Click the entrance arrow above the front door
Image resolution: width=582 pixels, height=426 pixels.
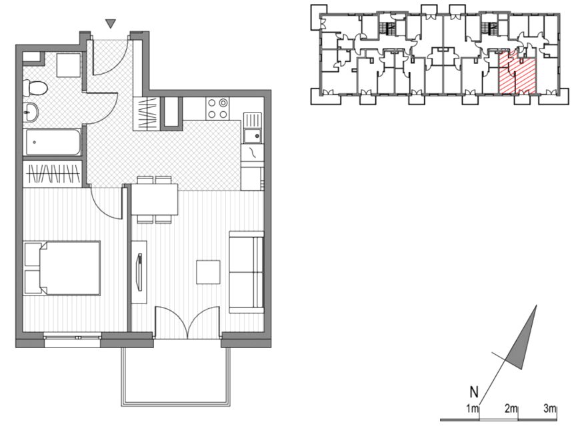tap(111, 24)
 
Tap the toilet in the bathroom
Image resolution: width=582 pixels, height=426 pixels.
tap(35, 88)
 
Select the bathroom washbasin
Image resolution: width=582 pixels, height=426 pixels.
tap(31, 112)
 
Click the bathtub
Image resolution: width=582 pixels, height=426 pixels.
tap(53, 142)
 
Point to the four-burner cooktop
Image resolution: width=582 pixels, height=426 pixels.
tap(218, 108)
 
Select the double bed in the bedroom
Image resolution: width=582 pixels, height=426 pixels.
tap(62, 268)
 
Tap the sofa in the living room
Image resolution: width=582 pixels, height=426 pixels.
tap(247, 272)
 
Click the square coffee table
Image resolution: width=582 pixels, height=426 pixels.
tap(208, 272)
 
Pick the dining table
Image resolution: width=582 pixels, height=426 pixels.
tap(155, 199)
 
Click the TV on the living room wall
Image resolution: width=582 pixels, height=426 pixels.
tap(139, 272)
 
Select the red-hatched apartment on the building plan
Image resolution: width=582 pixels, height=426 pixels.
tap(517, 73)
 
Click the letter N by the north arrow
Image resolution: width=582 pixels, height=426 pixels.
tap(474, 391)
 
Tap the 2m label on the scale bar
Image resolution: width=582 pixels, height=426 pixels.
tap(511, 409)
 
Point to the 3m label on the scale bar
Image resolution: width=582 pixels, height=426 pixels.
tap(550, 409)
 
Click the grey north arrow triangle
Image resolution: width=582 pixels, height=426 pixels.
tap(522, 338)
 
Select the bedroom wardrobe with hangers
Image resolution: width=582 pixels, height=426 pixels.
tap(53, 174)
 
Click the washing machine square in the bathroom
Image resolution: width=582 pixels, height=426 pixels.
tap(69, 65)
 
